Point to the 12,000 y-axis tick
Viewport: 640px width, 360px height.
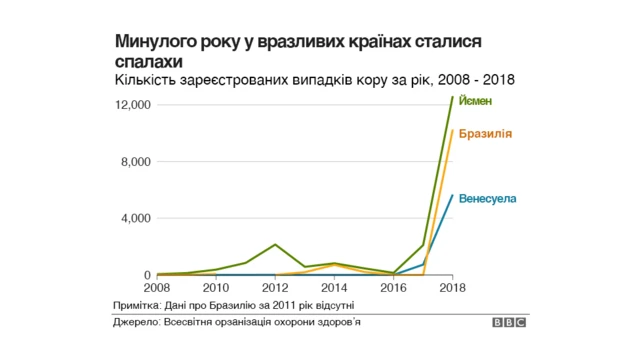tap(132, 105)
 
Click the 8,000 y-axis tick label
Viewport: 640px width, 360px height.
tap(135, 162)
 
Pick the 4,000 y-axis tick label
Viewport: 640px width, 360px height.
tap(135, 218)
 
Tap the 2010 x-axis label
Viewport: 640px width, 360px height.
tap(215, 287)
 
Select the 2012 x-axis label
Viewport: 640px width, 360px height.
tap(275, 287)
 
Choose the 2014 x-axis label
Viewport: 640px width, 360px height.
tap(334, 287)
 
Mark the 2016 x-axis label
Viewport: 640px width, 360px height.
tap(394, 287)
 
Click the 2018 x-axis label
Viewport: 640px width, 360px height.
tap(453, 287)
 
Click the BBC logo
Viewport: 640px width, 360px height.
tap(509, 323)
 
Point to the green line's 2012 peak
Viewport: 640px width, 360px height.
tap(275, 244)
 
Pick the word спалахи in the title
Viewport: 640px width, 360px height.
tap(144, 61)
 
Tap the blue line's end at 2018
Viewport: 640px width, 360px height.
tap(453, 196)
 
